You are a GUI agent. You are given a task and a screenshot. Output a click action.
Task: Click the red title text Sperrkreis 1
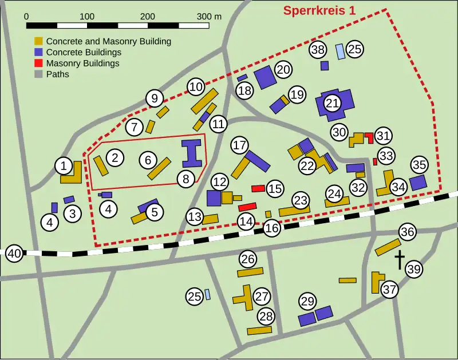coord(324,10)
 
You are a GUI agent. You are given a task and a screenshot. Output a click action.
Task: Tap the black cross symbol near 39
coord(399,260)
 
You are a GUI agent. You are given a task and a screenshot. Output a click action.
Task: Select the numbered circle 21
coord(333,103)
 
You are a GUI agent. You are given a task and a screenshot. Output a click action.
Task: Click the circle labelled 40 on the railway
coord(14,254)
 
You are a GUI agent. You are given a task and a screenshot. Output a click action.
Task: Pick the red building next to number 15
coord(258,188)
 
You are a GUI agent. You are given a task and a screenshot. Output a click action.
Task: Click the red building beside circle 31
coord(369,137)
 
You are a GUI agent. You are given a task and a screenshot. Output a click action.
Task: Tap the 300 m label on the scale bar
coord(208,16)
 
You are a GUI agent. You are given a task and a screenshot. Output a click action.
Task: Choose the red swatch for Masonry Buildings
coord(39,63)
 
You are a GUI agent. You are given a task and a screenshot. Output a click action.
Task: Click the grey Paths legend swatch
coord(39,74)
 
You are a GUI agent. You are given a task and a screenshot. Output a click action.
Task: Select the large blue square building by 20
coord(265,77)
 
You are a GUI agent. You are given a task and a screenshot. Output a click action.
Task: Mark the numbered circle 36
coord(408,232)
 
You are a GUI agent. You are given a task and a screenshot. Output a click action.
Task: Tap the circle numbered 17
coord(239,145)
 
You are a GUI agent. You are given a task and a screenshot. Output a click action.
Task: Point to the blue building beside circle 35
coord(418,183)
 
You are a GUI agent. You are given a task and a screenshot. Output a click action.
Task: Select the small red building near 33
coord(375,161)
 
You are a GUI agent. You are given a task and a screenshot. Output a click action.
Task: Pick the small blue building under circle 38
coord(325,66)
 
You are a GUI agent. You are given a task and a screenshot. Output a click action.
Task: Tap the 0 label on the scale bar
coord(27,16)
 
